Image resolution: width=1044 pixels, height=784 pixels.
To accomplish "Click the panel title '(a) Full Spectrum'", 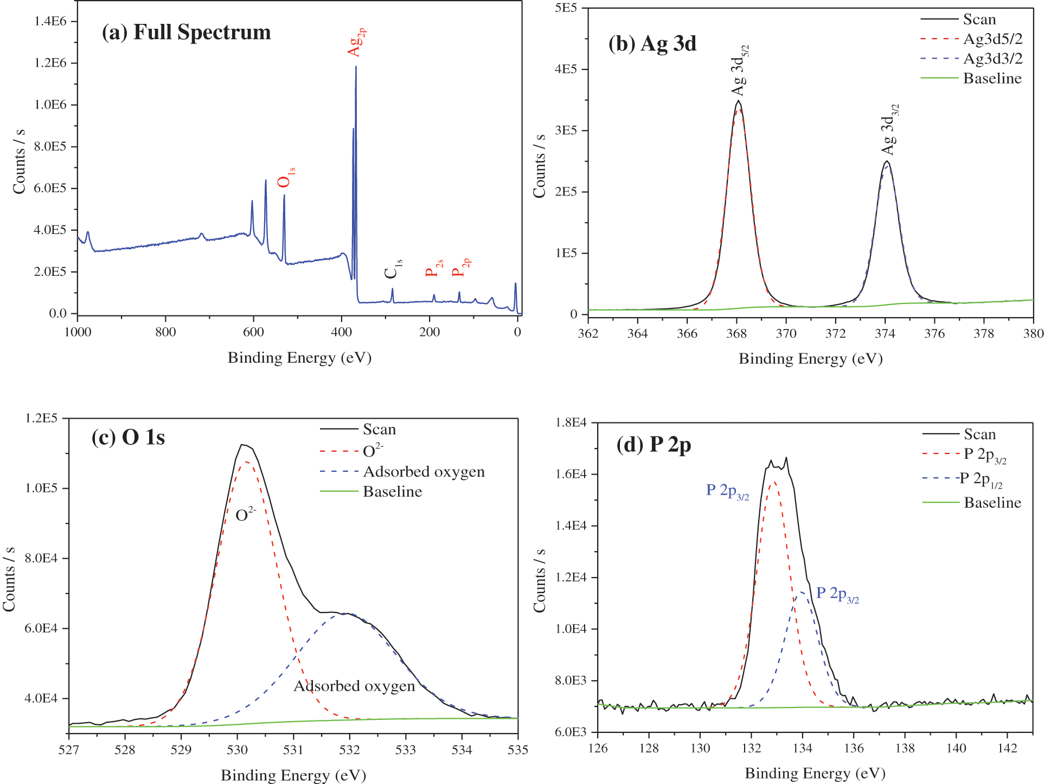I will [186, 33].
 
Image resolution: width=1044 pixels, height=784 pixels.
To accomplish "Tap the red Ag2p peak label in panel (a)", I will [356, 42].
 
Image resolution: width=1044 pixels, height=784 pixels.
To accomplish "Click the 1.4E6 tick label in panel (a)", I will [50, 21].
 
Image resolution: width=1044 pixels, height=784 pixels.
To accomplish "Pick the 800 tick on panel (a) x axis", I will [165, 332].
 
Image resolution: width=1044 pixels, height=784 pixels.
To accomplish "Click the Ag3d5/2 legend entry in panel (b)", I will [992, 39].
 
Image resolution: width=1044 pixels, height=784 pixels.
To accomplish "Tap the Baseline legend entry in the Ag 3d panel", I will [992, 79].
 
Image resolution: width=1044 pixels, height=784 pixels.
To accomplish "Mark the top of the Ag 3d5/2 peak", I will [738, 101].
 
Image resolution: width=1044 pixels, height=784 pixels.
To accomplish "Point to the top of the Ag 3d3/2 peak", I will [887, 161].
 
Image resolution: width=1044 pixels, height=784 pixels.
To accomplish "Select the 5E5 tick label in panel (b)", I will [566, 8].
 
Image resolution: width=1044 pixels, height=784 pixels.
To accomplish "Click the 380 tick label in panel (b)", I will [1033, 333].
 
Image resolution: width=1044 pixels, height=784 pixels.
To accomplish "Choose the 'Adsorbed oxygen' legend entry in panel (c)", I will [424, 472].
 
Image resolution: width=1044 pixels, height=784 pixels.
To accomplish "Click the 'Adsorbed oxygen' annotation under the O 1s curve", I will [354, 686].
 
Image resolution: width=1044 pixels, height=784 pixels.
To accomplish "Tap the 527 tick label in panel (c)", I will [69, 750].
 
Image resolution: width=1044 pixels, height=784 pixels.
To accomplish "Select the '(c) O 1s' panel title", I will [128, 437].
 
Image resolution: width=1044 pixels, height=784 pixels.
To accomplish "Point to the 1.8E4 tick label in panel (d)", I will [571, 422].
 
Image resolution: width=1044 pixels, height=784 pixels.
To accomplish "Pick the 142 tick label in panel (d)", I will [1007, 748].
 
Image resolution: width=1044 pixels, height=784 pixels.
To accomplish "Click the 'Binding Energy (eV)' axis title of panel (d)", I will [815, 773].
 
